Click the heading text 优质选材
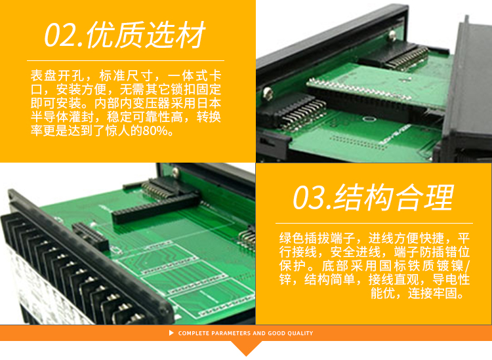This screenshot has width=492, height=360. click(x=146, y=35)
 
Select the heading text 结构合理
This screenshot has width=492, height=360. click(x=394, y=197)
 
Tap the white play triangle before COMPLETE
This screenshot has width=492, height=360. click(x=171, y=332)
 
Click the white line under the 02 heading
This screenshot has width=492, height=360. click(x=125, y=60)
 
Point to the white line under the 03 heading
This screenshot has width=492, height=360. click(x=374, y=223)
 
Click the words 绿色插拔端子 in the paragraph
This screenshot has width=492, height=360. click(x=317, y=238)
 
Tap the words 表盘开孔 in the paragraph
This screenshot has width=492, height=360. click(x=56, y=75)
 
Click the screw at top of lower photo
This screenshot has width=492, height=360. click(x=175, y=171)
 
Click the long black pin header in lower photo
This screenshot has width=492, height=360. click(x=155, y=208)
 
